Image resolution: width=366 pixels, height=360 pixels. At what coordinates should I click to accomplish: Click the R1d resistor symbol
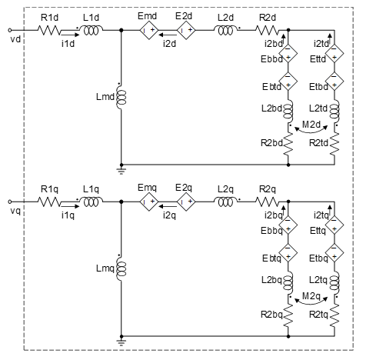point(49,30)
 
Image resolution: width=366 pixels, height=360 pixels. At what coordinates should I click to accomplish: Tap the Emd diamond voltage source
point(148,30)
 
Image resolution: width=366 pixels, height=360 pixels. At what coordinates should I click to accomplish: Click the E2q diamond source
point(186,202)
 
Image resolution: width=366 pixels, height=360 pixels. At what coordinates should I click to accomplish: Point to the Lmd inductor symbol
point(121,98)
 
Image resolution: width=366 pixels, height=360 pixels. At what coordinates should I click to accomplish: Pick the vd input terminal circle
point(10,30)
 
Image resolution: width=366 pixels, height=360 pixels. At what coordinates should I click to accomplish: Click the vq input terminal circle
point(10,202)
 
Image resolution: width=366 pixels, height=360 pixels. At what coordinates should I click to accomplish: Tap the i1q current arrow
point(71,206)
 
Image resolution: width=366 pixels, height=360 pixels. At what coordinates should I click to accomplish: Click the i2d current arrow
point(168,35)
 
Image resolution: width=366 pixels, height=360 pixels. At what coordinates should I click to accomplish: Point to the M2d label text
point(311,125)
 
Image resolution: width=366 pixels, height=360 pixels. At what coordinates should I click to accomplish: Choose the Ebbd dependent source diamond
point(288,54)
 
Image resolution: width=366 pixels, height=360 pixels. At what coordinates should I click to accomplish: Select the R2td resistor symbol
point(334,144)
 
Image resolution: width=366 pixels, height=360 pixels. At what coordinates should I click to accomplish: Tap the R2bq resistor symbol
point(288,315)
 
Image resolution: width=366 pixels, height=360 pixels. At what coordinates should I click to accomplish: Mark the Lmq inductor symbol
point(121,269)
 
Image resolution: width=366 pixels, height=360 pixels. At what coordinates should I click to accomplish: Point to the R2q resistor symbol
point(267,202)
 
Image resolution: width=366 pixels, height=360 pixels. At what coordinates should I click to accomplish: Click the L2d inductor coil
point(225,30)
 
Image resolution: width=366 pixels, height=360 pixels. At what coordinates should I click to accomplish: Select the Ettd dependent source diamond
point(334,54)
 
